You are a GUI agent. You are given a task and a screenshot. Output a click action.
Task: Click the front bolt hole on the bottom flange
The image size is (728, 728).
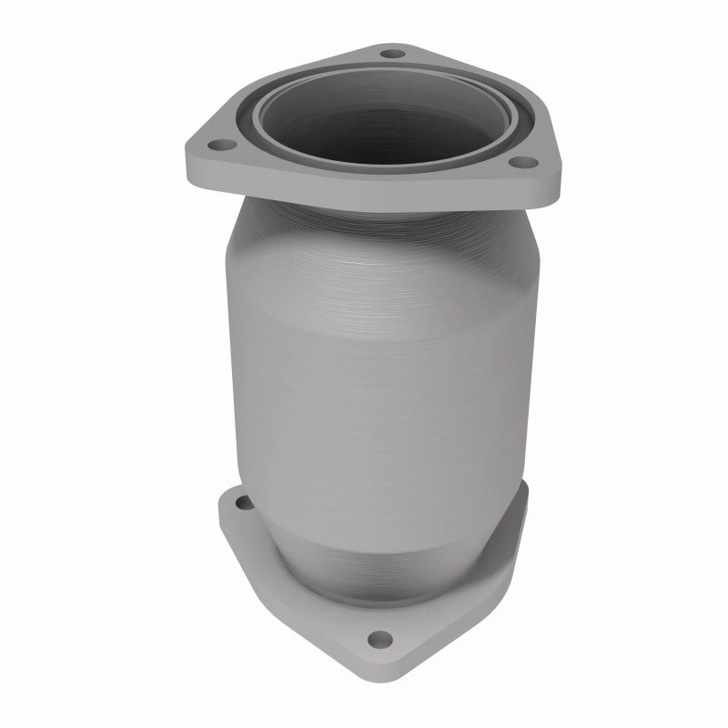click(x=377, y=637)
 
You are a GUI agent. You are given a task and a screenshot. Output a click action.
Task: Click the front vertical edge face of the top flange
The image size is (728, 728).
click(x=364, y=196)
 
